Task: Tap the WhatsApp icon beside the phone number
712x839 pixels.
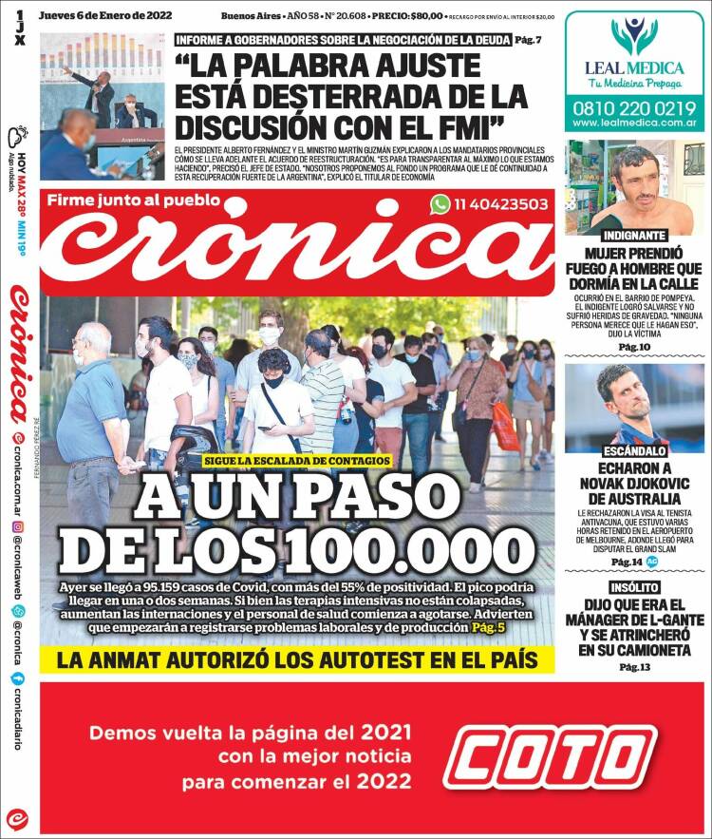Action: [x=439, y=203]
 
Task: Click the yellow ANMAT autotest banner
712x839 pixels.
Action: [x=297, y=659]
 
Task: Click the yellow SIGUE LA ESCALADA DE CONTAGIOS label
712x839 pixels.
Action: [x=296, y=460]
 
